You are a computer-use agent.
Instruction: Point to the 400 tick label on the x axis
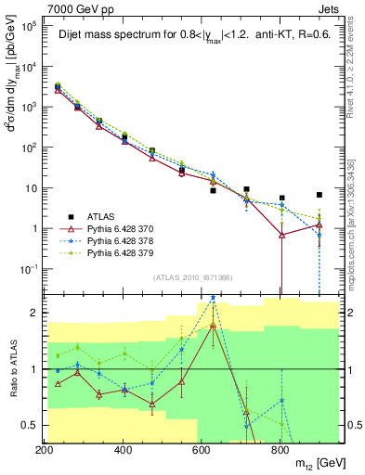(124, 451)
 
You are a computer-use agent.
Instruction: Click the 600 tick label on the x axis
(202, 451)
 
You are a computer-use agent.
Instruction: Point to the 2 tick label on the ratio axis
(34, 313)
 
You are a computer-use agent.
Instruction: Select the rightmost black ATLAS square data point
(319, 195)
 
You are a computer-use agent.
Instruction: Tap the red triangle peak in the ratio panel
(213, 326)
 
